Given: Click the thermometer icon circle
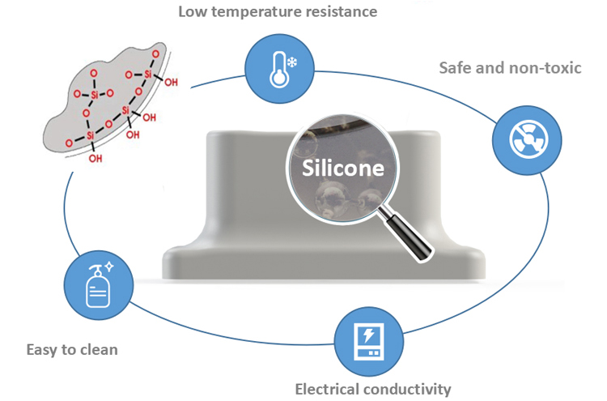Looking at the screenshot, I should pos(274,68).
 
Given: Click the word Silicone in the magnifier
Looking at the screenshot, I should pos(342,169).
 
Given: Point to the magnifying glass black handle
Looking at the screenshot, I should pos(404,234).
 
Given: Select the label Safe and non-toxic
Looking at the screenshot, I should pos(510,67).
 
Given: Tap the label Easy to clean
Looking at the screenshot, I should pos(72,350).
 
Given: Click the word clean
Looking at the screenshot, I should pos(100,350).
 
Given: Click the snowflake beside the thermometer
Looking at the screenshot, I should pos(291,61).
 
